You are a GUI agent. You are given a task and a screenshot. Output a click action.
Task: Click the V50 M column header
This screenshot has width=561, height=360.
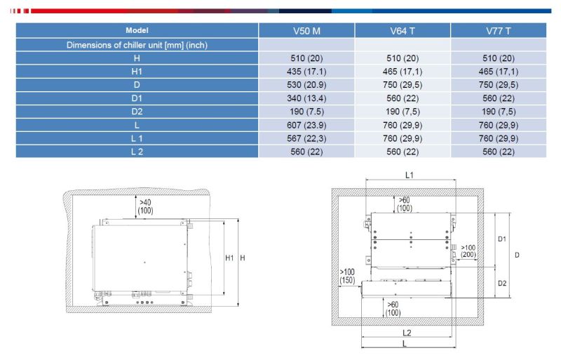click(x=306, y=31)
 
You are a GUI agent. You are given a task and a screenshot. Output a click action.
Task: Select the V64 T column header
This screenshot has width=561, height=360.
click(x=403, y=31)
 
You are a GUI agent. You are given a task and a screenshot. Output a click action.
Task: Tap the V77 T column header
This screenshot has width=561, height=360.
click(x=499, y=31)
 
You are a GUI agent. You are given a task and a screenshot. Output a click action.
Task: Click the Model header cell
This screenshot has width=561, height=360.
click(x=137, y=30)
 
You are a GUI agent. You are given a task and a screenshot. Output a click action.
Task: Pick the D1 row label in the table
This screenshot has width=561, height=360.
click(x=137, y=98)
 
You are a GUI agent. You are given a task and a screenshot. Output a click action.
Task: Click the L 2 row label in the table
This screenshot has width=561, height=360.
click(x=137, y=152)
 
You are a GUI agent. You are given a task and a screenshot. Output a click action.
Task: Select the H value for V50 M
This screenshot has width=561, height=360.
click(x=306, y=58)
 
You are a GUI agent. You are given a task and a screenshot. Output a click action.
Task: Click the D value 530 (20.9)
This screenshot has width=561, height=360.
click(x=306, y=85)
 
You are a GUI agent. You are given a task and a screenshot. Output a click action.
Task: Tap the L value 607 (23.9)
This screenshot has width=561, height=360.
click(x=306, y=125)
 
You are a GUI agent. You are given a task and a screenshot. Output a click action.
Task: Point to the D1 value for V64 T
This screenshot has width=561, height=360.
click(x=403, y=98)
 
